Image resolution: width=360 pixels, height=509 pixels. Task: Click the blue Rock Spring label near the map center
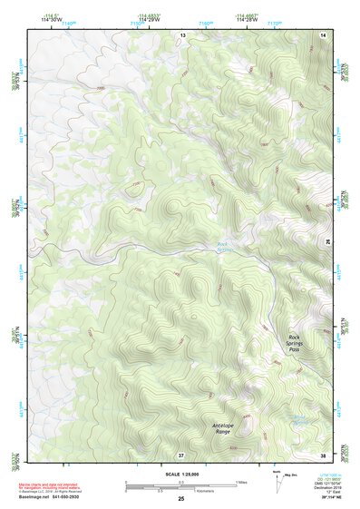coord(224,246)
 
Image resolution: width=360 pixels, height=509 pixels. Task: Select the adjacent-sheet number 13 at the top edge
coord(182,34)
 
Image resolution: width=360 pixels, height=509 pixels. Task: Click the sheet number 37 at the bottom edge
coord(182,454)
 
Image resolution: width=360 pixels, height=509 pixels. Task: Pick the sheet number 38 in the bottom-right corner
coord(324,454)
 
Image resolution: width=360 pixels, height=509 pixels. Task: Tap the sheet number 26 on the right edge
coord(327,241)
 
